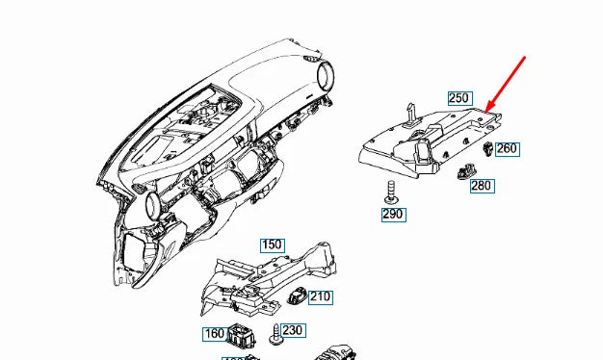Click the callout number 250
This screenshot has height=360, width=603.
click(x=459, y=98)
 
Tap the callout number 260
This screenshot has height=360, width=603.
click(x=507, y=148)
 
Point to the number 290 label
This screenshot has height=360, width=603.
click(x=393, y=214)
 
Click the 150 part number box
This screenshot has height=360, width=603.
click(x=273, y=244)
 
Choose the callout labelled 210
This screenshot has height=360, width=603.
click(x=320, y=296)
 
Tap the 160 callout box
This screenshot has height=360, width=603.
click(x=214, y=335)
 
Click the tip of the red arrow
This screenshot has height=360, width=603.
click(x=487, y=110)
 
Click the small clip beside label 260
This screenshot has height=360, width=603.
click(x=486, y=149)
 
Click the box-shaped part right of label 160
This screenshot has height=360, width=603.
click(x=240, y=337)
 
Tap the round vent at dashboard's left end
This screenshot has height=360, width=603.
click(x=151, y=203)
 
